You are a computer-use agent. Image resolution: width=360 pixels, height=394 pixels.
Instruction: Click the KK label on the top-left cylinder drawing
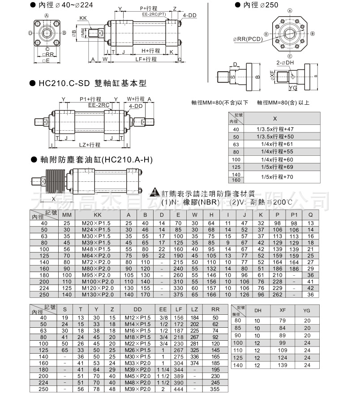[x=83, y=18]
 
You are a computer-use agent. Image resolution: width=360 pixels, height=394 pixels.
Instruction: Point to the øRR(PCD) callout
[x=248, y=39]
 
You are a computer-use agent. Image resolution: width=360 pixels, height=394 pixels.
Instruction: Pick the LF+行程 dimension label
[x=146, y=59]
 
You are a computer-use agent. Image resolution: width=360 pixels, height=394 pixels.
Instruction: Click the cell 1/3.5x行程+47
[x=274, y=129]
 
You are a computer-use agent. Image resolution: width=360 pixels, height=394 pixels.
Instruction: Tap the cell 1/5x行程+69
[x=274, y=167]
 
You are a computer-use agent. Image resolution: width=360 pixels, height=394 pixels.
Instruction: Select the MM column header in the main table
[x=67, y=215]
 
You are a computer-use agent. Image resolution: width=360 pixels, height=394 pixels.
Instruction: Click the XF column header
[x=282, y=310]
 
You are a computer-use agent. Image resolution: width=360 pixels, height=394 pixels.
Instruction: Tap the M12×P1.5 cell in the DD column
[x=137, y=317]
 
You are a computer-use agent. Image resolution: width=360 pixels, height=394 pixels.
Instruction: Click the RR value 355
[x=215, y=389]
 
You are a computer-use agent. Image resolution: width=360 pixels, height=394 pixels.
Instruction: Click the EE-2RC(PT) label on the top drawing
[x=154, y=14]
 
